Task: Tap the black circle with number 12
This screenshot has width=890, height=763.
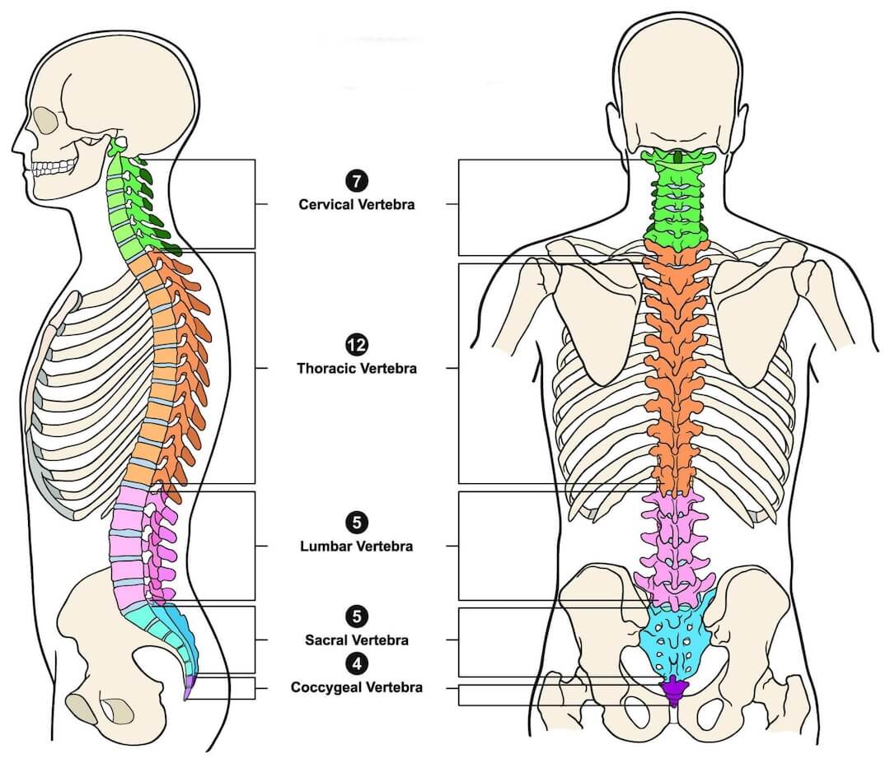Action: (358, 346)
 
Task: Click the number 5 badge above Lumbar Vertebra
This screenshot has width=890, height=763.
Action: (358, 523)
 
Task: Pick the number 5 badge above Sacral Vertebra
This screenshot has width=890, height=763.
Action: (358, 616)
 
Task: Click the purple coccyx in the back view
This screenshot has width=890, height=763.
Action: (674, 690)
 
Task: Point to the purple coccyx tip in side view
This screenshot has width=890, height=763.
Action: (189, 685)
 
